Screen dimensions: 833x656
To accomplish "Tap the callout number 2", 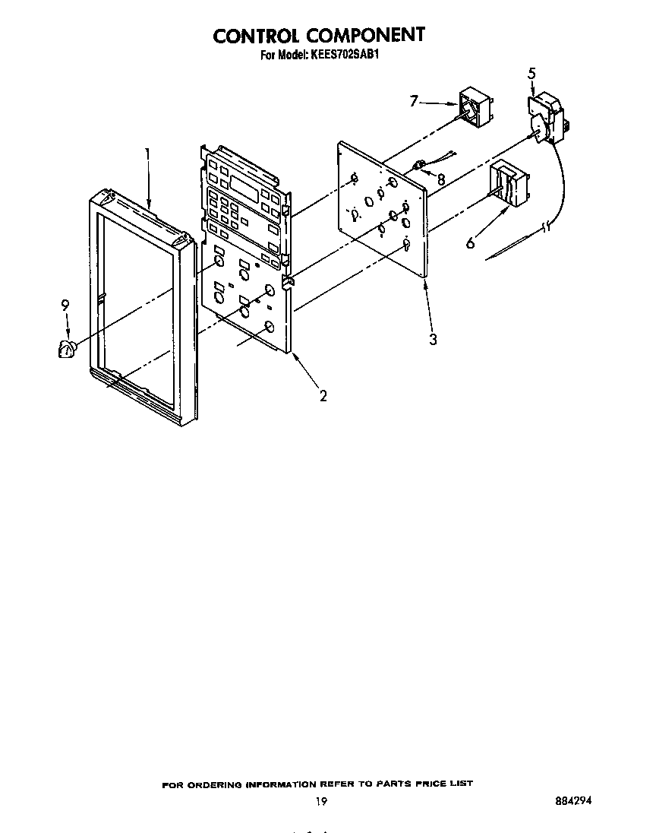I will (323, 395).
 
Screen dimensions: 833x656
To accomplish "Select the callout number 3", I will (433, 339).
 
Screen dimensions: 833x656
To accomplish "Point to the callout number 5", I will (532, 73).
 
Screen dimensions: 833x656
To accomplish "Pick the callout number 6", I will (471, 243).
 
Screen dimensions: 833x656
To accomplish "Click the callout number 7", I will (414, 100).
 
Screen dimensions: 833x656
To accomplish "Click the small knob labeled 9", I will (67, 349).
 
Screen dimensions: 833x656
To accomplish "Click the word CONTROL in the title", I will (254, 36).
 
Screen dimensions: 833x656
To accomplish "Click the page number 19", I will (321, 801).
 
